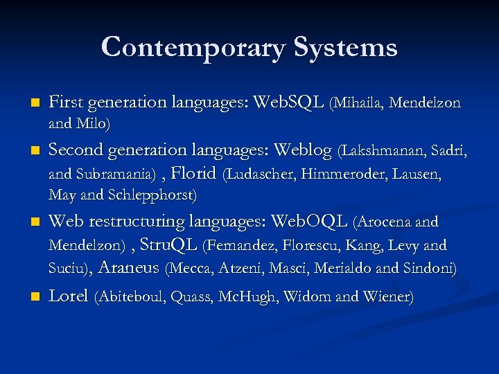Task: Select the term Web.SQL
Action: point(289,103)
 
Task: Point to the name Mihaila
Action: point(359,104)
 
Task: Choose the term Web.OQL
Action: point(309,222)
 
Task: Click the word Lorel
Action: point(69,296)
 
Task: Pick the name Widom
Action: point(308,297)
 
